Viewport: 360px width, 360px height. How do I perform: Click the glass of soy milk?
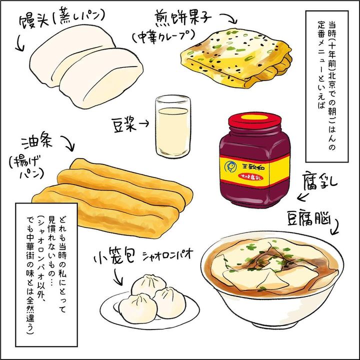coord(173,126)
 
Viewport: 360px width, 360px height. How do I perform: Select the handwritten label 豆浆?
coord(124,124)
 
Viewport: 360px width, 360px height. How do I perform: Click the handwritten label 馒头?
coord(34,22)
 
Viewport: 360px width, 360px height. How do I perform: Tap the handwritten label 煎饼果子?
coord(183,16)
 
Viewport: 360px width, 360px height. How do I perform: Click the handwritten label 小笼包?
coord(113,256)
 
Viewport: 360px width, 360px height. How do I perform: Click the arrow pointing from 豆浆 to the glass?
coord(144,124)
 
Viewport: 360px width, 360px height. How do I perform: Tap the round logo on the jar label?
coord(229,167)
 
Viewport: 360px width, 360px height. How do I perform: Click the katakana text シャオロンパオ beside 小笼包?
coord(167,255)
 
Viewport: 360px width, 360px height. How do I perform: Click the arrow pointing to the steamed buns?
coord(19,43)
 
